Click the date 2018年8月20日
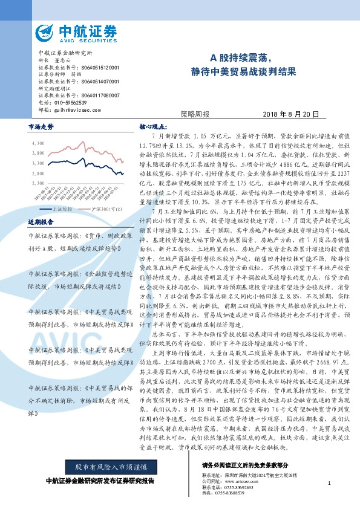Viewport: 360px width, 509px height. [290, 114]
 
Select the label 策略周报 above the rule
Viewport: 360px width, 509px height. [195, 114]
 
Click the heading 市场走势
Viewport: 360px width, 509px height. [41, 127]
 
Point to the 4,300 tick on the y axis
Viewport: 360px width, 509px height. [38, 143]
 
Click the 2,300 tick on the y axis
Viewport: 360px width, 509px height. [38, 182]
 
